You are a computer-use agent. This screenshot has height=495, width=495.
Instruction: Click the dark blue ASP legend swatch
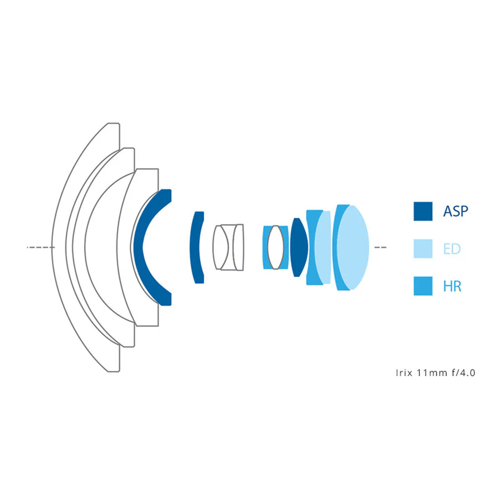click(423, 211)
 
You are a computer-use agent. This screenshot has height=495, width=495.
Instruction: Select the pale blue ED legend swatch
click(423, 249)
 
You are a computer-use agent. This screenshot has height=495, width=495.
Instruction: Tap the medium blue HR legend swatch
click(423, 286)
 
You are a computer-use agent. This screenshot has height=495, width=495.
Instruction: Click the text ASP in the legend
click(455, 211)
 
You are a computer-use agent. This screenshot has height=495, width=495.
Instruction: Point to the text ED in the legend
click(452, 249)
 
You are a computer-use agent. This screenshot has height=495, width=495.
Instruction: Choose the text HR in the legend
click(452, 286)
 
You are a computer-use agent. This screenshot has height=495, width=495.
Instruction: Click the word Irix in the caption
click(404, 373)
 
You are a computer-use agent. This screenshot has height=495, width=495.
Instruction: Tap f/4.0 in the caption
click(463, 373)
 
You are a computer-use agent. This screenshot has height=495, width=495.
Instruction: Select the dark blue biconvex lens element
click(299, 247)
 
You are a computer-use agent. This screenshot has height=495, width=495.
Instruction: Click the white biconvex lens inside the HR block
click(276, 247)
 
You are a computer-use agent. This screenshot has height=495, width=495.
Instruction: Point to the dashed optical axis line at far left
click(41, 247)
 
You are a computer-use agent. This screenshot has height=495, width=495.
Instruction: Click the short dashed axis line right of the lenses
click(380, 247)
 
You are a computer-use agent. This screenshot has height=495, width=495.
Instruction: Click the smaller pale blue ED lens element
click(323, 247)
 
